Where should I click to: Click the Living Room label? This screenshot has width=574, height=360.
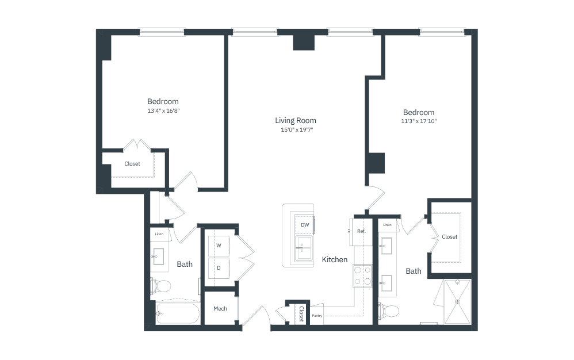tap(296, 120)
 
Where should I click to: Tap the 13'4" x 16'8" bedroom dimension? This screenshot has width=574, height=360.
tap(163, 110)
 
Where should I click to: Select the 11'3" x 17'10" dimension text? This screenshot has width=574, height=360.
tap(419, 121)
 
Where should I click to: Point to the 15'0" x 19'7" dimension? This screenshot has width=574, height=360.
tap(297, 129)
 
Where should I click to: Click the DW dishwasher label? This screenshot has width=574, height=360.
tap(305, 225)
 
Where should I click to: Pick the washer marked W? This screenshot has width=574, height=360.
tap(219, 246)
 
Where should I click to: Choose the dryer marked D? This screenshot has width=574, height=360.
tap(219, 268)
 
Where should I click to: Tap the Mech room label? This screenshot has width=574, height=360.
tap(220, 309)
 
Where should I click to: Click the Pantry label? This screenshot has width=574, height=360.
tap(317, 315)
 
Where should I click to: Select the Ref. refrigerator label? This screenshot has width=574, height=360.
tap(361, 231)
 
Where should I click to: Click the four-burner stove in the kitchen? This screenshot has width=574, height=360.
tap(362, 276)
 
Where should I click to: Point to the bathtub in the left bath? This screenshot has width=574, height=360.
tap(178, 313)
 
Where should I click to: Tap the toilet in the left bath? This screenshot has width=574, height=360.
tap(160, 286)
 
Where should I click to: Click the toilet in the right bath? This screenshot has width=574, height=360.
tap(389, 311)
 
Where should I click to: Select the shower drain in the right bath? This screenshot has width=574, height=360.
tap(457, 301)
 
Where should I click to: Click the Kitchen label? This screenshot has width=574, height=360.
tap(335, 259)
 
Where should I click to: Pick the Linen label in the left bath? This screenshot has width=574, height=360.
tap(159, 234)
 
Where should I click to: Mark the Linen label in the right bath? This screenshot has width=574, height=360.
tap(387, 225)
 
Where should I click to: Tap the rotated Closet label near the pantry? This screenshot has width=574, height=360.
tap(301, 314)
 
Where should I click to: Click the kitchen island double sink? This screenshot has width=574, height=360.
tap(304, 248)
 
